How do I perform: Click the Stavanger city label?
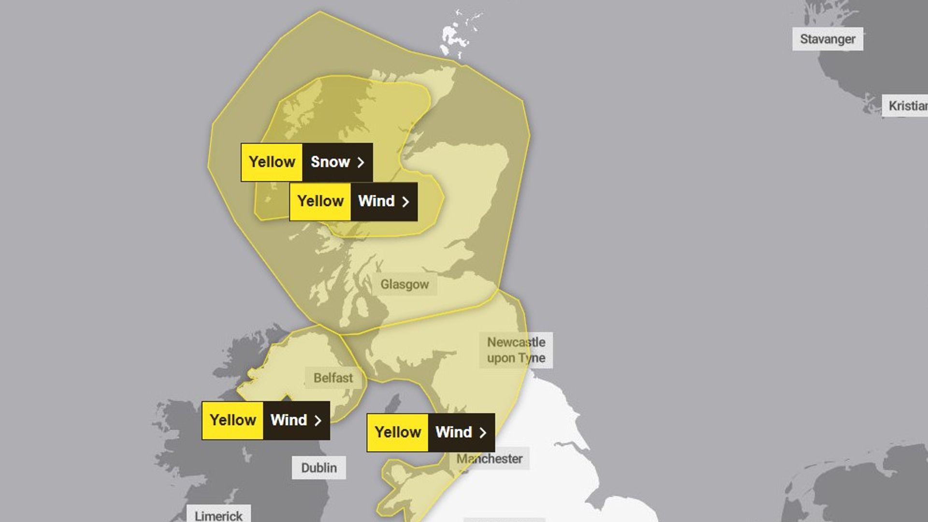pos(827,39)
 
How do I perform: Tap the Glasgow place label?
pos(405,284)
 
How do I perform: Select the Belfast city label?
pos(333,378)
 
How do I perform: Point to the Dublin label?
pos(319,468)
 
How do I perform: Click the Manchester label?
pos(490,459)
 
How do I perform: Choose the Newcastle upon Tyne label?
pos(516,350)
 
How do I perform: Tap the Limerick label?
pos(218,515)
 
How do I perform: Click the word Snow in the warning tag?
pos(330,162)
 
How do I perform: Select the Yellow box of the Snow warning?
pos(272,162)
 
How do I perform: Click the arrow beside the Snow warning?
pos(361,162)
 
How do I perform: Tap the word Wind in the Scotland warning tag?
pos(377,201)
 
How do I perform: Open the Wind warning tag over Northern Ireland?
pos(266,420)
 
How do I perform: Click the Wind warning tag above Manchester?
pos(431,432)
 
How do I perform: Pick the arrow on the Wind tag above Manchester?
pos(482,433)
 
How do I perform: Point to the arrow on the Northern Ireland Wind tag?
pos(318,420)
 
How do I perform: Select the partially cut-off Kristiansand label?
pos(906,105)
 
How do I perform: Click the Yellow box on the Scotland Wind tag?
pos(320,201)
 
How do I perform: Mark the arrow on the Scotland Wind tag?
pos(406,202)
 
